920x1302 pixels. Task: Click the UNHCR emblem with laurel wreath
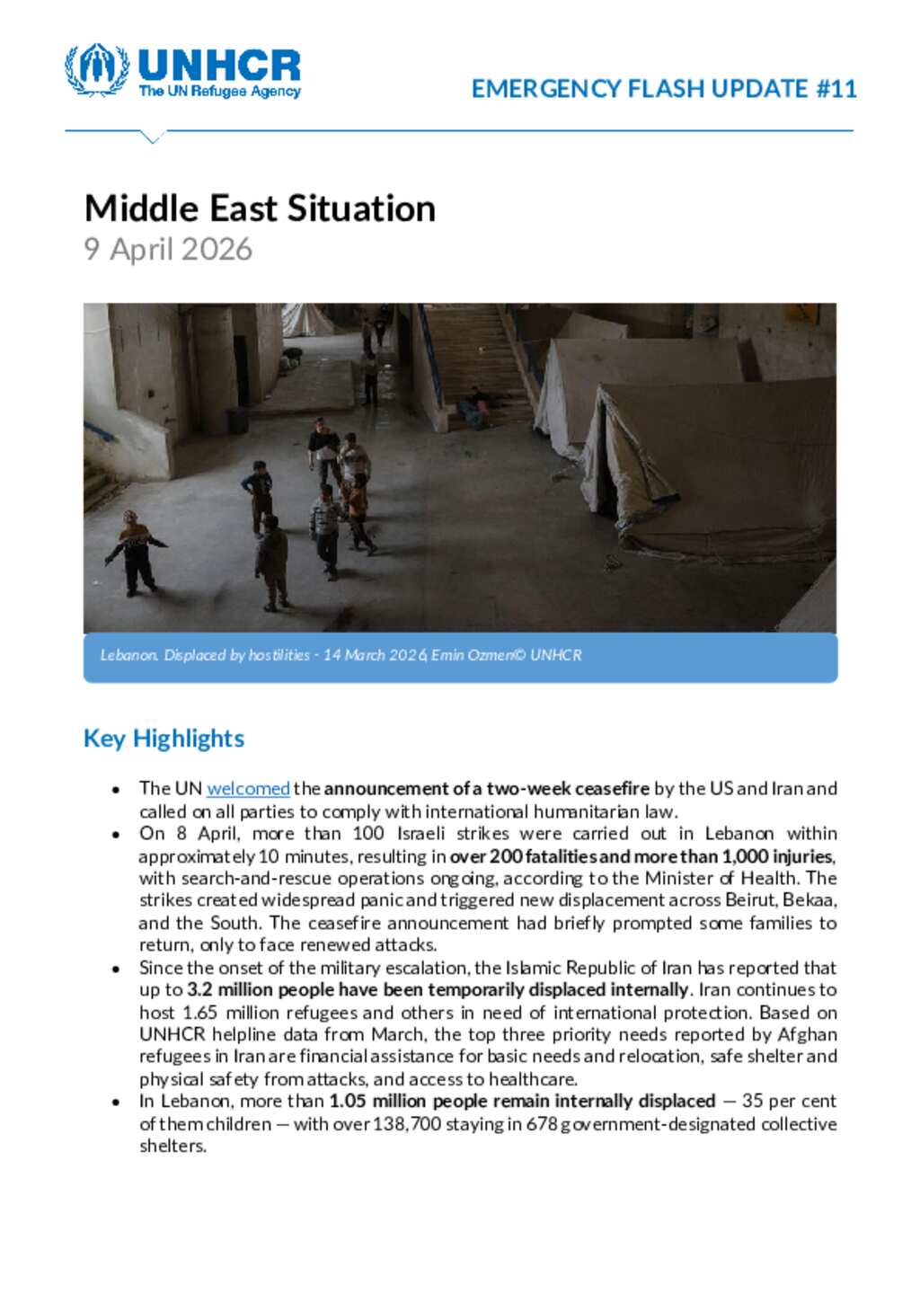[x=97, y=69]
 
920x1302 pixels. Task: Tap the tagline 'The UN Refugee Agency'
[x=219, y=92]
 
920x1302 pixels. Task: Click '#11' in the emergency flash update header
[x=836, y=89]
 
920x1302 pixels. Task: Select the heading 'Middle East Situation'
[x=260, y=208]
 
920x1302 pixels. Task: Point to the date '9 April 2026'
[x=168, y=249]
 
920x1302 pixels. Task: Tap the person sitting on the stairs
[x=474, y=406]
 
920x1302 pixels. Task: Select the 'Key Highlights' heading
[x=164, y=739]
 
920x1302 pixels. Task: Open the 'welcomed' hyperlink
[x=248, y=789]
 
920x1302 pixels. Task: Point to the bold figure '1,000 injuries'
[x=778, y=856]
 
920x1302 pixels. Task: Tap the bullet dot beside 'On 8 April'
[x=116, y=835]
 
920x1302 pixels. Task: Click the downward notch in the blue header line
[x=153, y=137]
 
